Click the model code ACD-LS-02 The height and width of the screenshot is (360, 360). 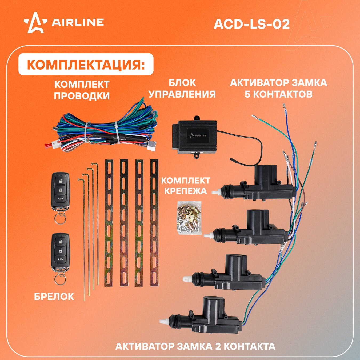(x=251, y=24)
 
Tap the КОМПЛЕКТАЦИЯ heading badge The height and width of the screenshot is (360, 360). (x=86, y=65)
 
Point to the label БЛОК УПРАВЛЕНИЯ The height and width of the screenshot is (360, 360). (x=182, y=88)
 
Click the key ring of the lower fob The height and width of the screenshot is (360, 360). (x=60, y=279)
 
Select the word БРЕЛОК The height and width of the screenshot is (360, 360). (x=54, y=297)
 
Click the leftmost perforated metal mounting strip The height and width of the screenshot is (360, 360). (x=109, y=223)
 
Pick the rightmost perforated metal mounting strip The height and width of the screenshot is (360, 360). (x=154, y=223)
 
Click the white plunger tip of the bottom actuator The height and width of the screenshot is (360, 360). (x=163, y=322)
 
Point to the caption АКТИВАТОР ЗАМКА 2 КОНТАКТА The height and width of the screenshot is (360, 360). (x=195, y=346)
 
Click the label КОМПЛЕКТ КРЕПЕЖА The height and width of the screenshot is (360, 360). (x=186, y=186)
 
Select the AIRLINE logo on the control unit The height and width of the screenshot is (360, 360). (x=198, y=135)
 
